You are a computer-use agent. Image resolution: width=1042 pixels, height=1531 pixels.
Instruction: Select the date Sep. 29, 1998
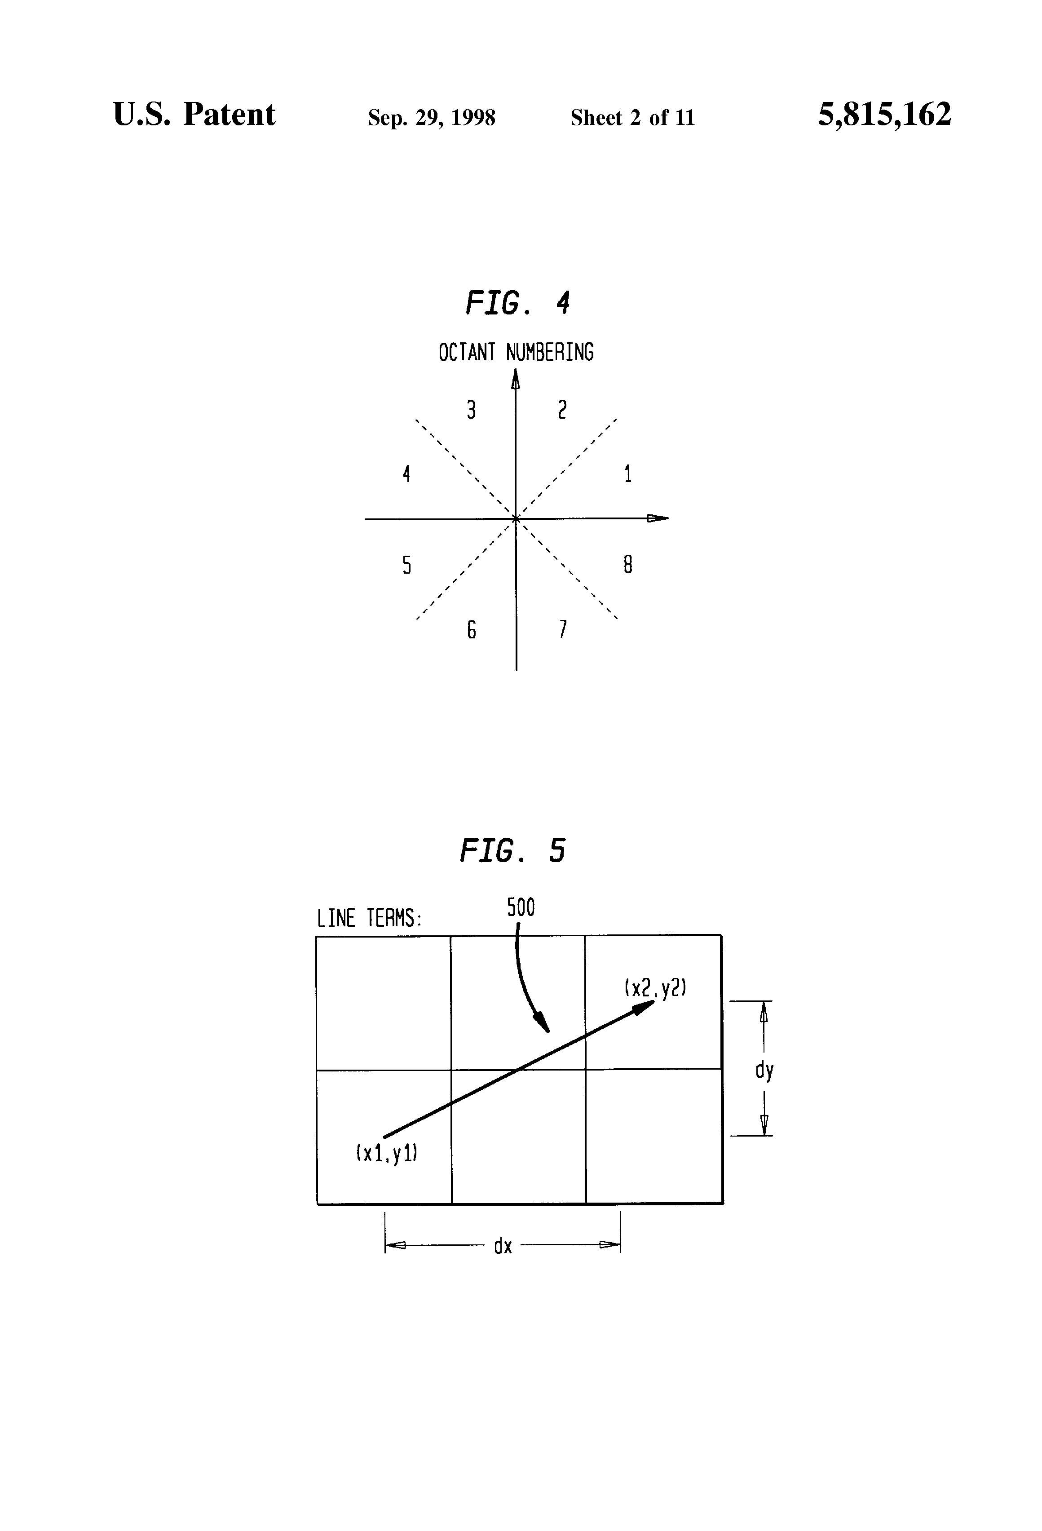click(432, 118)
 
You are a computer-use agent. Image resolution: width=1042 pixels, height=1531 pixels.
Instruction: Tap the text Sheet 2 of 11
click(632, 118)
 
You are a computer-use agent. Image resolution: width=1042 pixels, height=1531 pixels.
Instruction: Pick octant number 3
click(471, 411)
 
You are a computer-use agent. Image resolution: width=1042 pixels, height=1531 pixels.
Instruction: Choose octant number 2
click(562, 411)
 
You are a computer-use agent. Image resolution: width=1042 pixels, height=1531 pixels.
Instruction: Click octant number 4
click(406, 473)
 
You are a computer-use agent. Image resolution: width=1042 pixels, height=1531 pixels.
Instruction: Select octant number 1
click(628, 473)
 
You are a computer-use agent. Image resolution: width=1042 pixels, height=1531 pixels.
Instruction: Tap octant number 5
click(406, 565)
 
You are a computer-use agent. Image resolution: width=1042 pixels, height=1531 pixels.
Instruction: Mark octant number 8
click(628, 565)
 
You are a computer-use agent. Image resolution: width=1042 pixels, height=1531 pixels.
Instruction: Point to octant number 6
click(471, 630)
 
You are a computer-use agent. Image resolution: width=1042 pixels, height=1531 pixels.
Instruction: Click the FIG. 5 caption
click(512, 850)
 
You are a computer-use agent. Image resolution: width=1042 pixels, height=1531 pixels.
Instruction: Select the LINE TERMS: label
click(369, 918)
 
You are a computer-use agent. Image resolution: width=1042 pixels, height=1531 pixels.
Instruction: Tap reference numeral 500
click(521, 908)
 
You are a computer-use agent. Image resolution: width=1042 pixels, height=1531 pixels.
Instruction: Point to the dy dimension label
click(764, 1071)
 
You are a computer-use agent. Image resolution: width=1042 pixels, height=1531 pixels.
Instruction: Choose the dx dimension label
click(503, 1246)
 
